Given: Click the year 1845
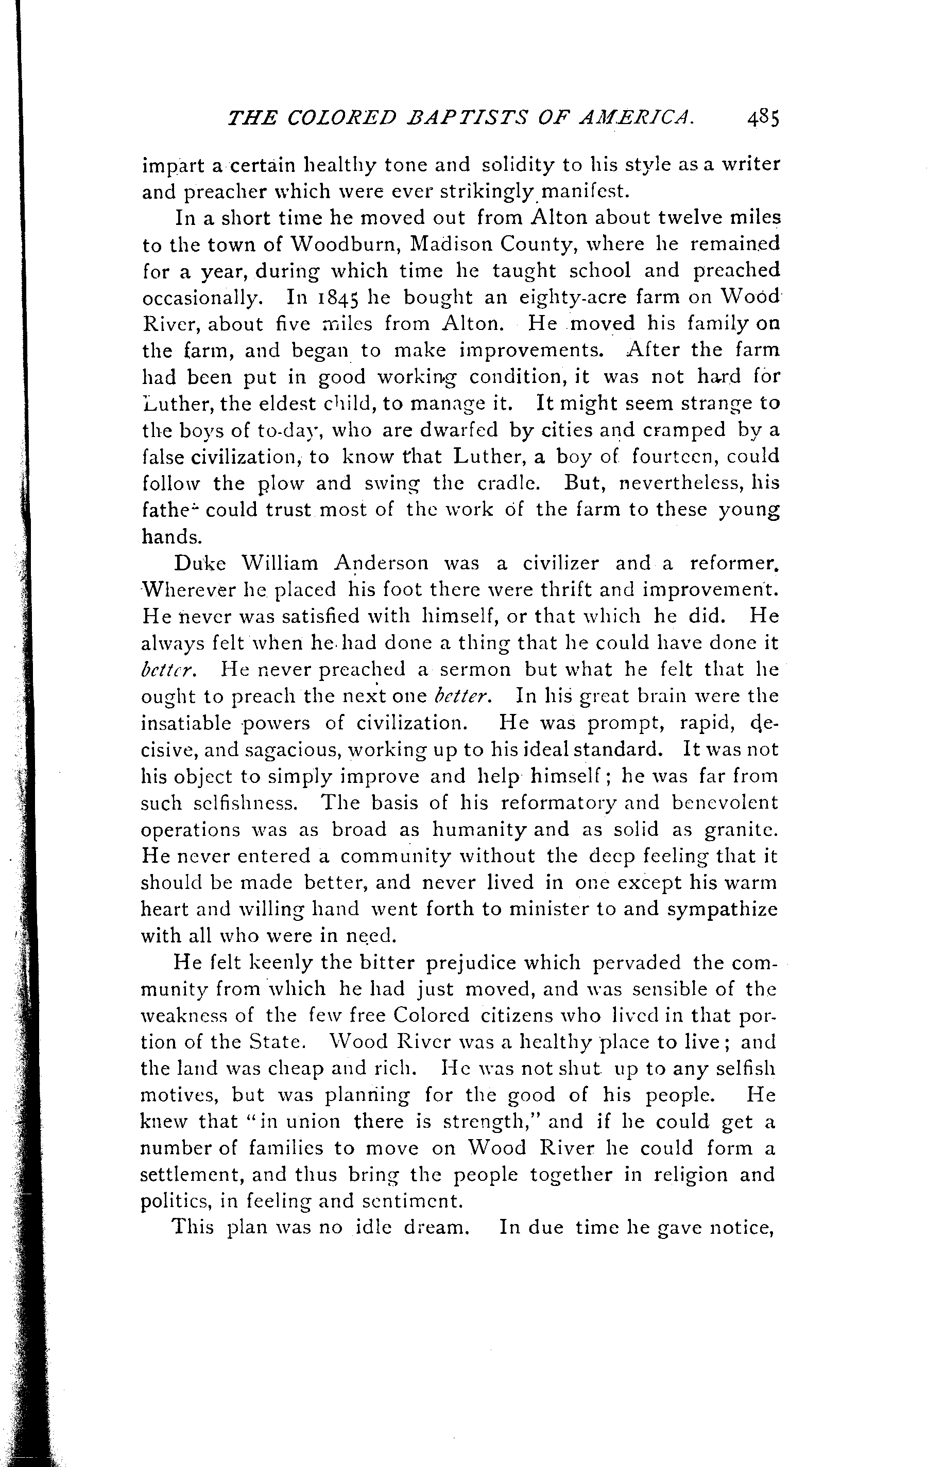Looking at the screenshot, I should coord(335,298).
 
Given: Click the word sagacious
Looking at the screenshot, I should coord(290,750).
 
